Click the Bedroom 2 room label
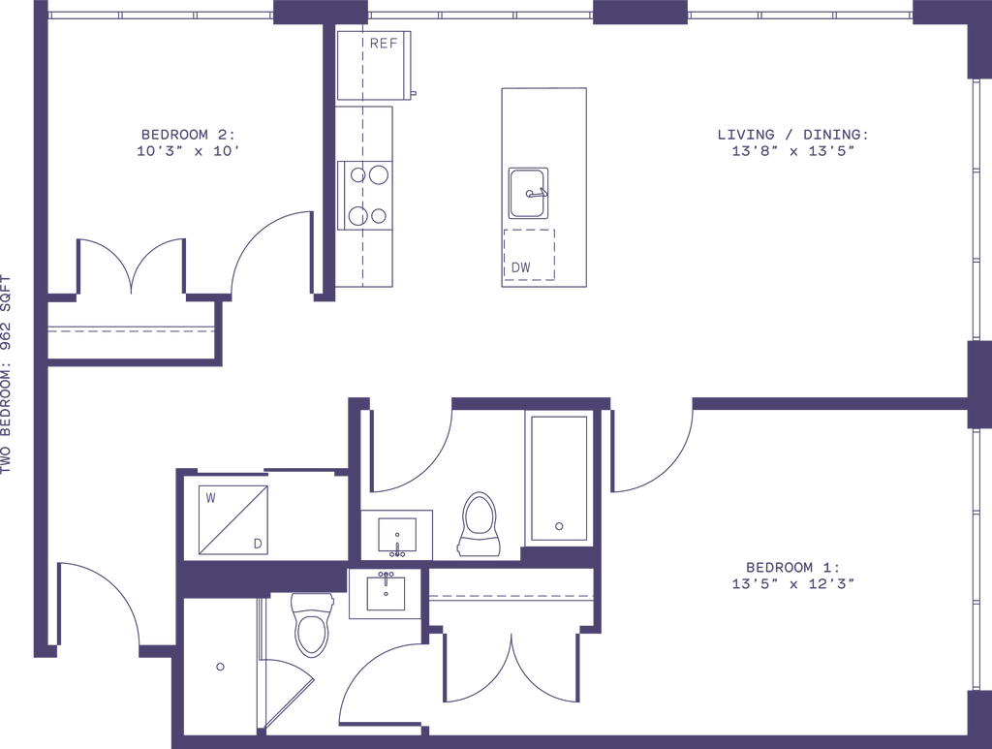[x=188, y=141]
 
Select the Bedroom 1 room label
[x=793, y=574]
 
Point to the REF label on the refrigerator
[x=382, y=42]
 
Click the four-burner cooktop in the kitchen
[x=369, y=195]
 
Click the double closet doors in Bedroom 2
[x=130, y=266]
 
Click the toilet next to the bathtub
[x=480, y=523]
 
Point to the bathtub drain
[x=558, y=526]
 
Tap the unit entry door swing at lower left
[x=97, y=601]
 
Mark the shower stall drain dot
[x=220, y=667]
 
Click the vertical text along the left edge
[x=7, y=373]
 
